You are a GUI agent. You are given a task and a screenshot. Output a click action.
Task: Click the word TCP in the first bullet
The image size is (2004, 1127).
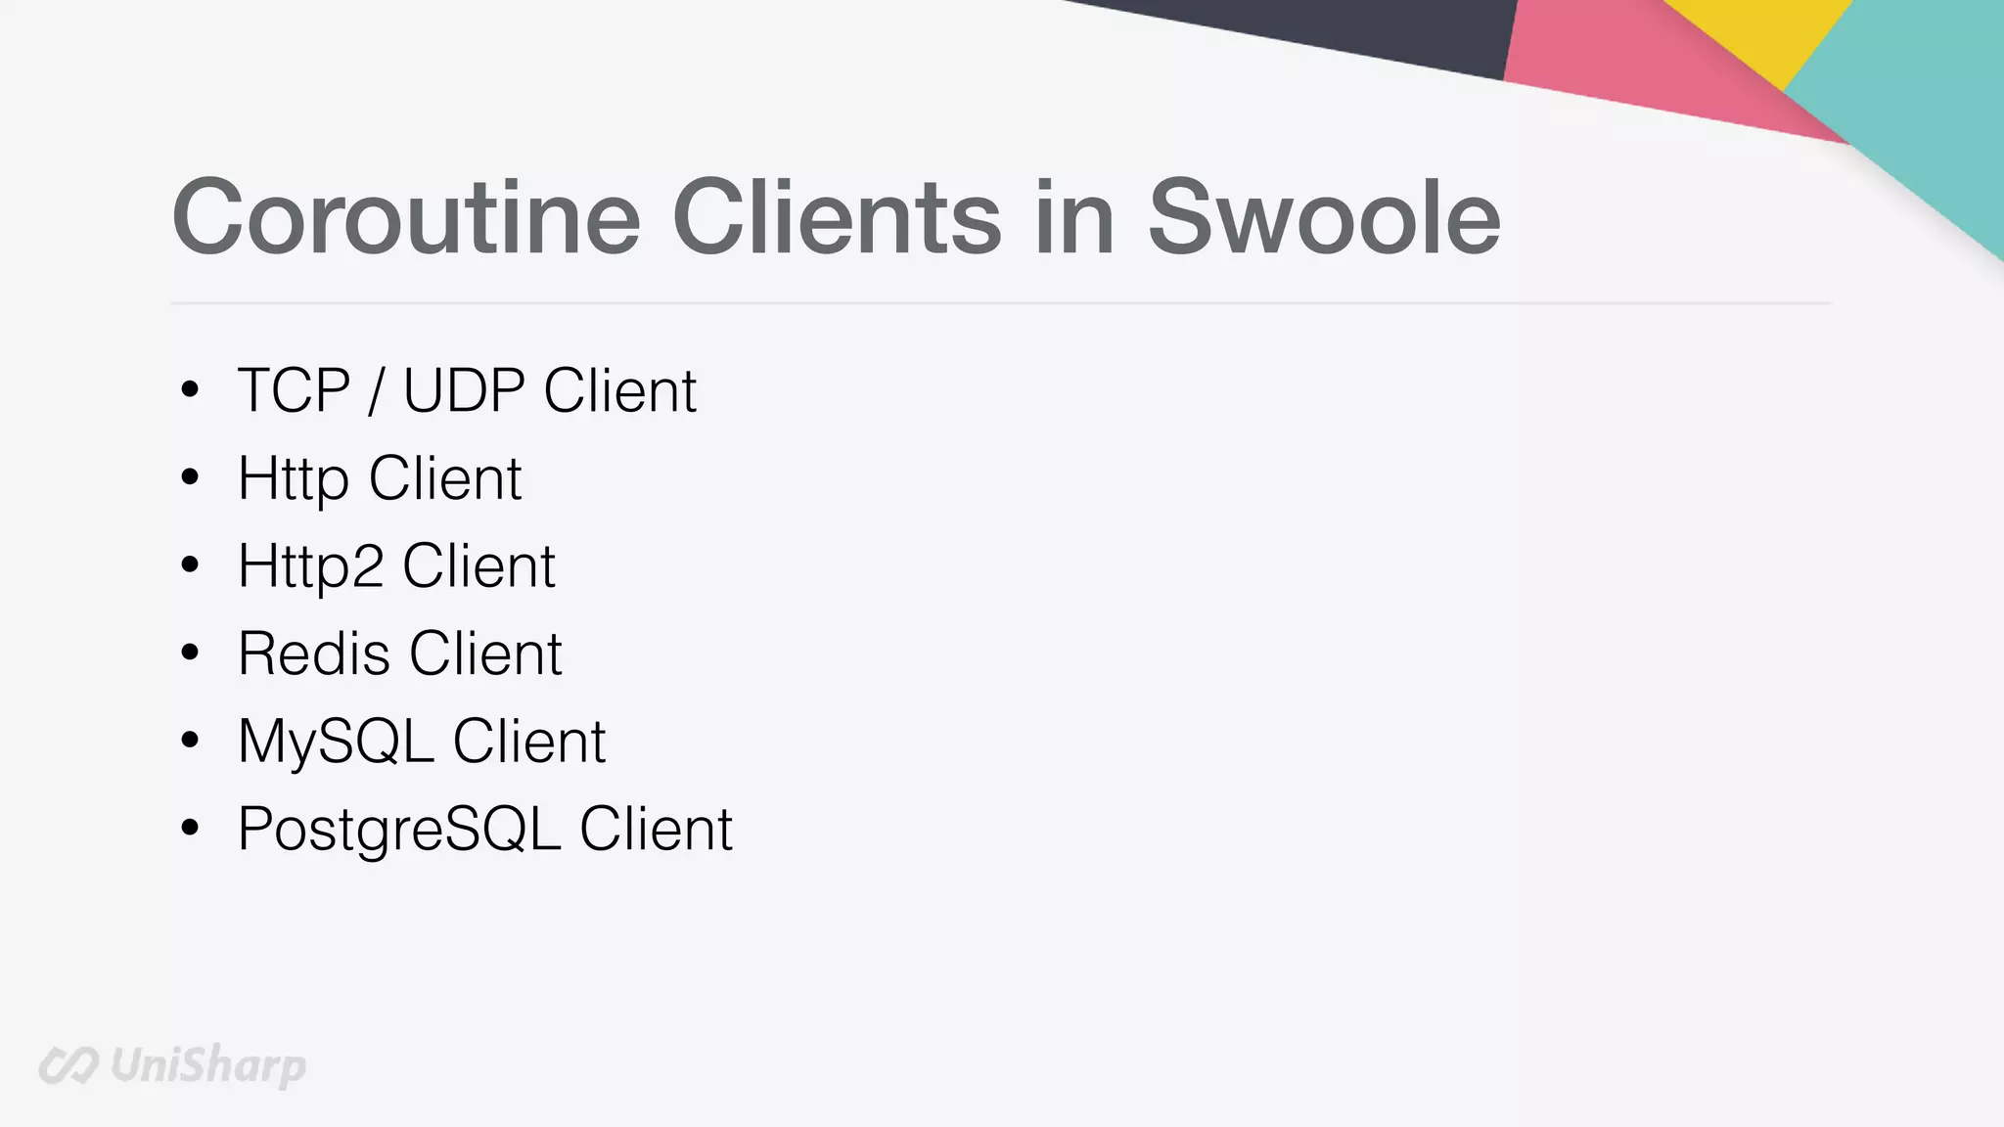[x=294, y=390]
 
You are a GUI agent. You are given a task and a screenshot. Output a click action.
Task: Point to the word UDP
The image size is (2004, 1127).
[x=464, y=390]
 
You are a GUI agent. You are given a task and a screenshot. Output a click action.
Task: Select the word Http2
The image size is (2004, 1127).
[x=310, y=566]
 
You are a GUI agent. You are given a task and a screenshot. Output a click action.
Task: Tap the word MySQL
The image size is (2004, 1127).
[x=336, y=742]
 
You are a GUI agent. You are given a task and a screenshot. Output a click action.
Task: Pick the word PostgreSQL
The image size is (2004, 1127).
[x=399, y=830]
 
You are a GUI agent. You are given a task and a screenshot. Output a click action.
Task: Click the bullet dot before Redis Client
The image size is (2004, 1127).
[x=190, y=653]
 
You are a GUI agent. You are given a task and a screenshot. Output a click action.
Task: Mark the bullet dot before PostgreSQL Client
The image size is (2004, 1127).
[x=190, y=828]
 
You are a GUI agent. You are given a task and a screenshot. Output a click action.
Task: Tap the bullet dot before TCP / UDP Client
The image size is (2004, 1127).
[x=190, y=389]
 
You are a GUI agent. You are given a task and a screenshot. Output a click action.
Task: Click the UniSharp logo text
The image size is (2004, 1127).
[x=207, y=1065]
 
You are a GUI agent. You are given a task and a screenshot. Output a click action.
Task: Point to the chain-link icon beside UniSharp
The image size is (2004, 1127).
[x=68, y=1065]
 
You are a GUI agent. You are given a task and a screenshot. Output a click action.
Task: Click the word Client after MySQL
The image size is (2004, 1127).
[x=528, y=742]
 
